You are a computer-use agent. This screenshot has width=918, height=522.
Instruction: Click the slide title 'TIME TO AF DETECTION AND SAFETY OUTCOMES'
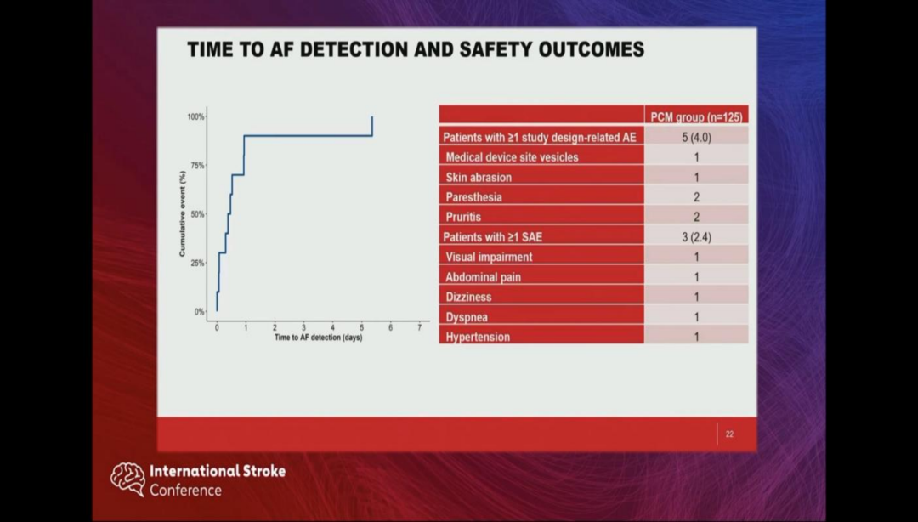pyautogui.click(x=416, y=49)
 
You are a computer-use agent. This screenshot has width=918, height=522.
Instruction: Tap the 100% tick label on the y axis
pyautogui.click(x=195, y=116)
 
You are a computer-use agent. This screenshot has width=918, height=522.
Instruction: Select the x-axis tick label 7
pyautogui.click(x=419, y=327)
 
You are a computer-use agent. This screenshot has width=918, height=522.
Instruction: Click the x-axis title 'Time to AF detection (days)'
pyautogui.click(x=319, y=338)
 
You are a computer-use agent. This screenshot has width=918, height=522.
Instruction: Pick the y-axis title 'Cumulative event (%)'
pyautogui.click(x=182, y=214)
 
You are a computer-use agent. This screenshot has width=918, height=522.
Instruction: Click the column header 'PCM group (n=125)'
pyautogui.click(x=694, y=116)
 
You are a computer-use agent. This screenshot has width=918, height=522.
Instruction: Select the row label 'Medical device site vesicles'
pyautogui.click(x=512, y=157)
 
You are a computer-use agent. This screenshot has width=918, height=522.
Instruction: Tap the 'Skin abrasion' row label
pyautogui.click(x=479, y=178)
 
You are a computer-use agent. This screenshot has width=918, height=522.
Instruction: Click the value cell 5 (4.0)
pyautogui.click(x=696, y=137)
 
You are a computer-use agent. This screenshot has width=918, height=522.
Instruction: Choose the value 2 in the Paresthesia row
pyautogui.click(x=696, y=197)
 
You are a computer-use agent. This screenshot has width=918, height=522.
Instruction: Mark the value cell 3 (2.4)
pyautogui.click(x=696, y=237)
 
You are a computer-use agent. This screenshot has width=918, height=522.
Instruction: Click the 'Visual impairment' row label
pyautogui.click(x=489, y=257)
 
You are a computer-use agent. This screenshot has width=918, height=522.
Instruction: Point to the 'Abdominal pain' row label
pyautogui.click(x=484, y=277)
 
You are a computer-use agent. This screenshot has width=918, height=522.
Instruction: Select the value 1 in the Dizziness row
pyautogui.click(x=696, y=297)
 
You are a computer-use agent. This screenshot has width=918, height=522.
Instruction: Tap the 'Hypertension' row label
pyautogui.click(x=478, y=337)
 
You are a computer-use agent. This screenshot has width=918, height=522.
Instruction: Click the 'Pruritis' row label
pyautogui.click(x=463, y=217)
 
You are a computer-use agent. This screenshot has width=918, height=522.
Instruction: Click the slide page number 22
pyautogui.click(x=729, y=434)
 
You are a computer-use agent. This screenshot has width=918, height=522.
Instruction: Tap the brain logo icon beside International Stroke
pyautogui.click(x=127, y=479)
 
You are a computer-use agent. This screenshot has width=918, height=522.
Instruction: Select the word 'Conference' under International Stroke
pyautogui.click(x=185, y=491)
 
